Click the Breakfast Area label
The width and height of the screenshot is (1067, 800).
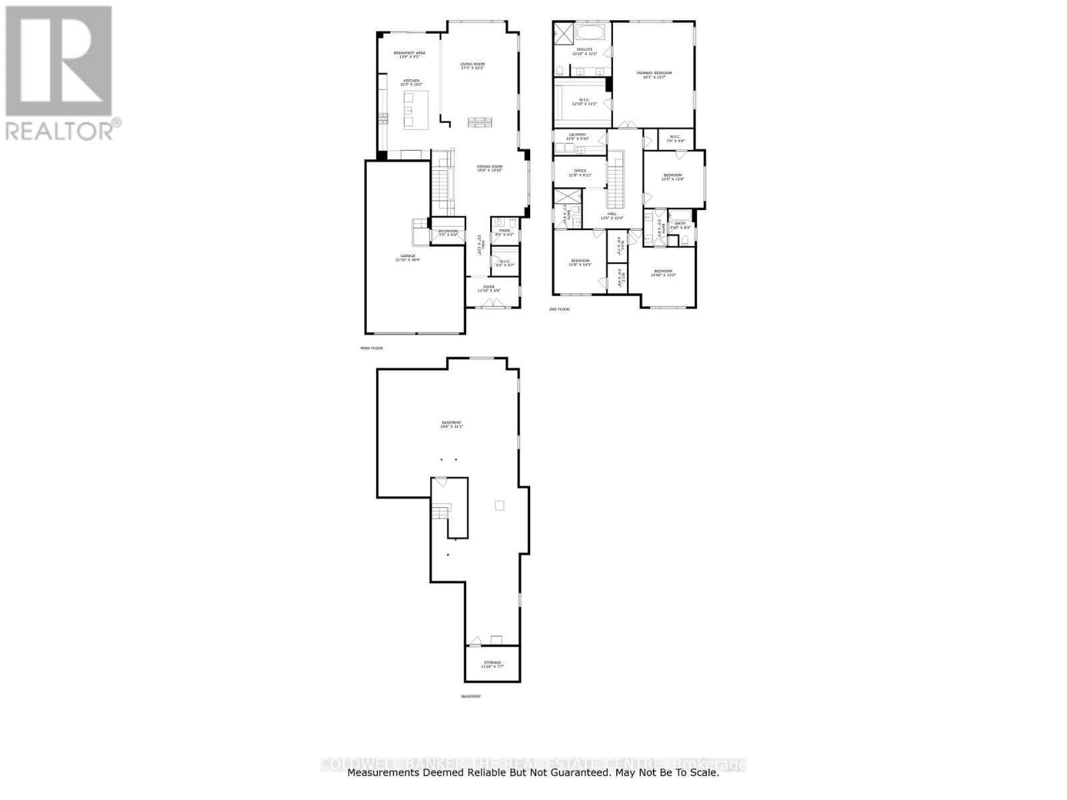coord(409,53)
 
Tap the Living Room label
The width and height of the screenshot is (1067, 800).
coord(471,65)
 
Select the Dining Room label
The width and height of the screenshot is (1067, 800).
coord(489,167)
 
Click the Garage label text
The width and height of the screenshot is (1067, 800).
coord(407,257)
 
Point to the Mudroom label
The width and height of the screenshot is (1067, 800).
coord(447,231)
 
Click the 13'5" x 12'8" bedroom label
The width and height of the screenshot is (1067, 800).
coord(672,176)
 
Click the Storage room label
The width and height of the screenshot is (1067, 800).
coord(492,663)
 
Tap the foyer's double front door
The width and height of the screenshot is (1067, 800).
coord(492,304)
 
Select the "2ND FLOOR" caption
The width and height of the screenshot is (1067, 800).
coord(559,309)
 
